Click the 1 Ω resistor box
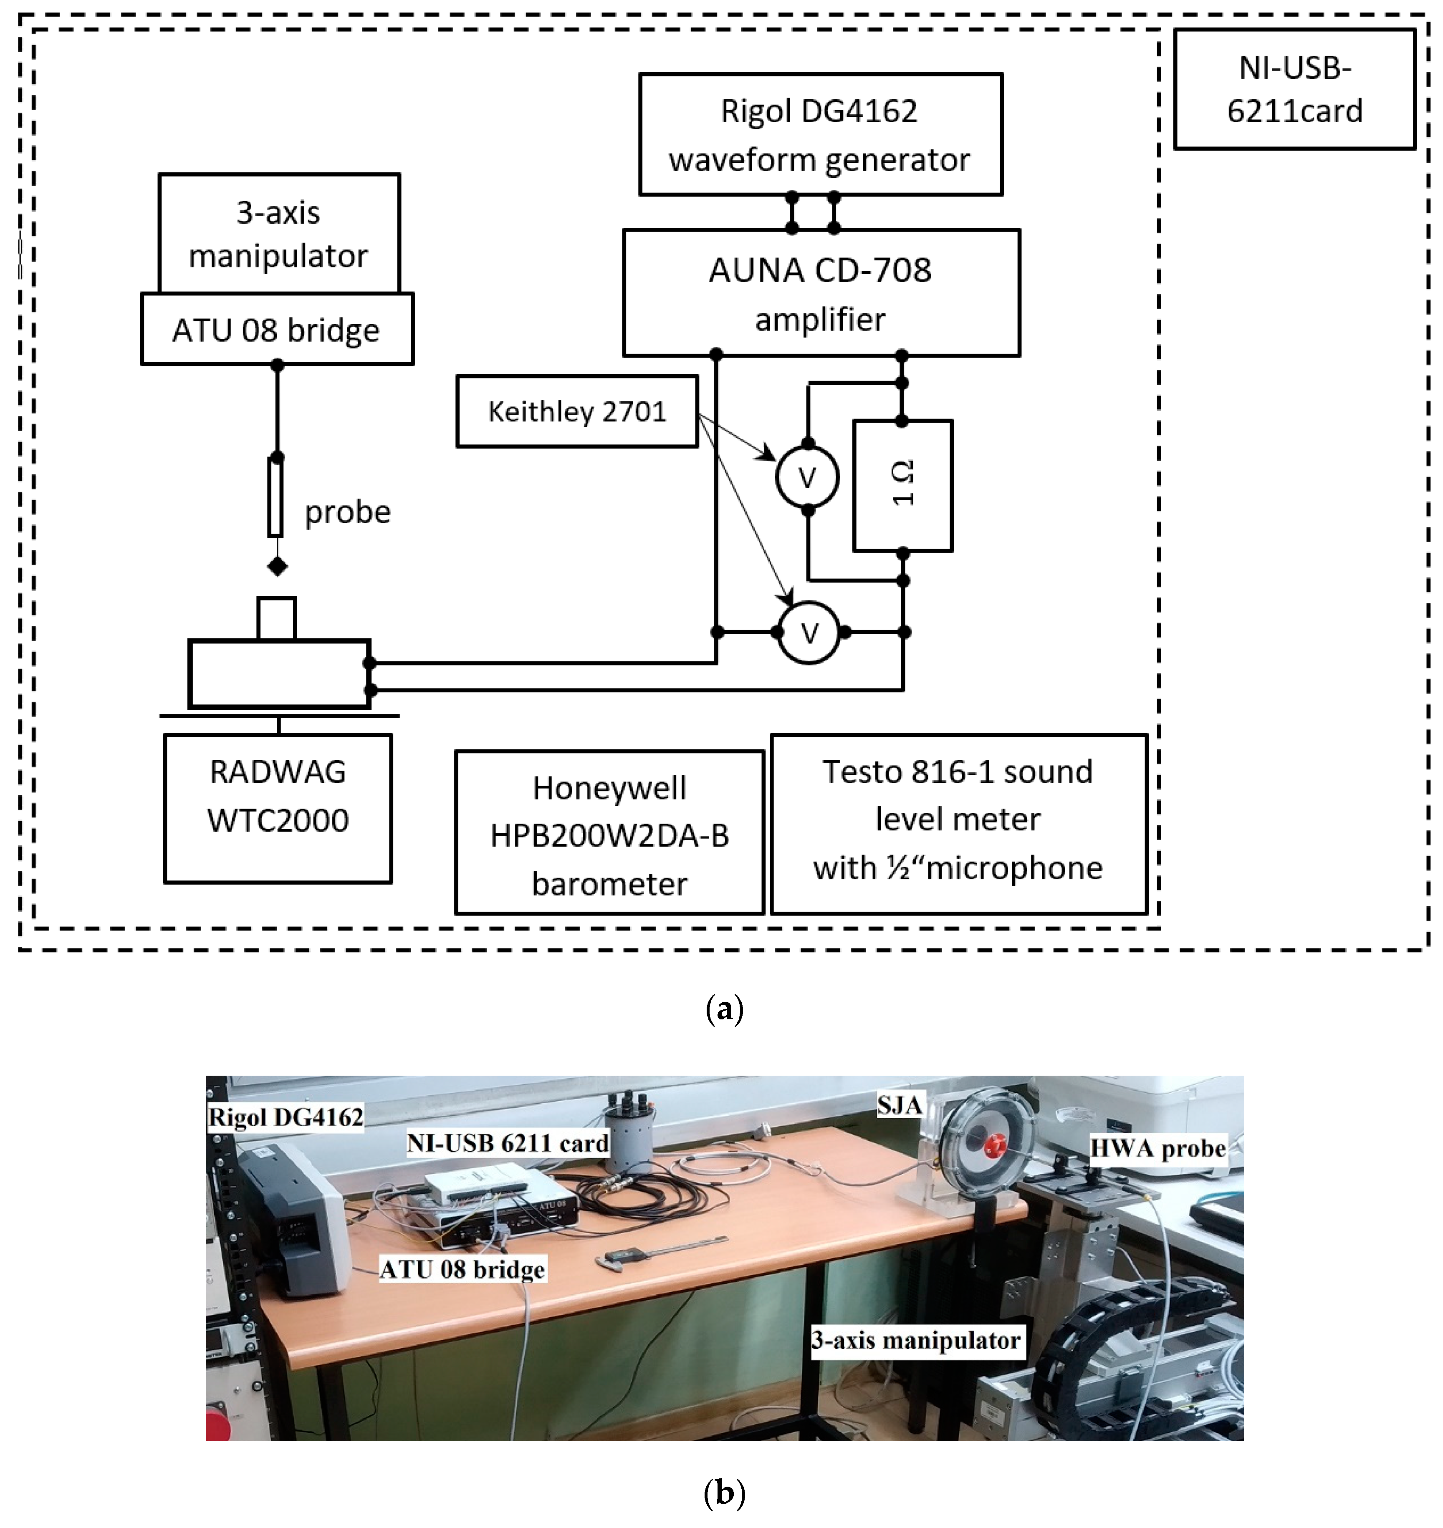coord(903,485)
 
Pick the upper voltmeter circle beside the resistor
coord(807,477)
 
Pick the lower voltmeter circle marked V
coord(809,632)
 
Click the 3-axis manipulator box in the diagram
coord(278,233)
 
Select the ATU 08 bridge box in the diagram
coord(276,329)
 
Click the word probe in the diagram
coord(348,512)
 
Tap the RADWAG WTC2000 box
coord(278,807)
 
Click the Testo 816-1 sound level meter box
coord(958,823)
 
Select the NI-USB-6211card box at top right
coord(1294,89)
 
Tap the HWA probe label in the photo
coord(1157,1148)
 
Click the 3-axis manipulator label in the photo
coord(916,1340)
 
